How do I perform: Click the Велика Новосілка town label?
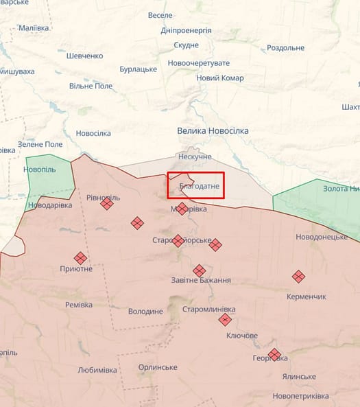(x=212, y=130)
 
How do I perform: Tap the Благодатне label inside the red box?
(x=199, y=186)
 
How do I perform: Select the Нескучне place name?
(x=195, y=156)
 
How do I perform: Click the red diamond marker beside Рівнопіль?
(x=107, y=203)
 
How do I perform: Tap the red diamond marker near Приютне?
(x=80, y=258)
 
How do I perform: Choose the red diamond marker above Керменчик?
(x=298, y=276)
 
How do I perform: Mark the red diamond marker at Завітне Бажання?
(x=199, y=270)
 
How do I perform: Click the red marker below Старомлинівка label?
(x=225, y=319)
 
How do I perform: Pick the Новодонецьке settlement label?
(x=322, y=237)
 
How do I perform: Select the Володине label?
(x=145, y=311)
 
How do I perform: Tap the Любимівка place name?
(x=97, y=369)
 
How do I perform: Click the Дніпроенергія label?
(x=186, y=30)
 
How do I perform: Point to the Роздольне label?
(x=285, y=47)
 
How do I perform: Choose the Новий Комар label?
(x=220, y=78)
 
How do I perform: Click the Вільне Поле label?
(x=91, y=86)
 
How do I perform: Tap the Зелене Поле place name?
(x=40, y=144)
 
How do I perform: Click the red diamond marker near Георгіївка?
(x=274, y=354)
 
